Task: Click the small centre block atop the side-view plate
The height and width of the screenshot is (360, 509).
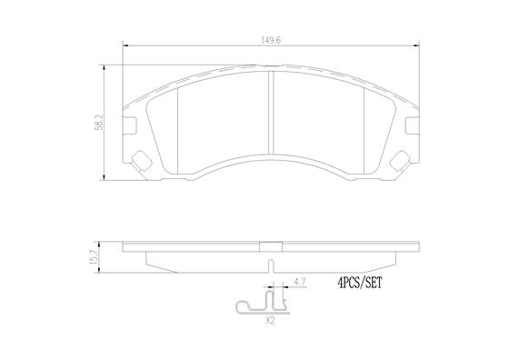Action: tap(273, 244)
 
